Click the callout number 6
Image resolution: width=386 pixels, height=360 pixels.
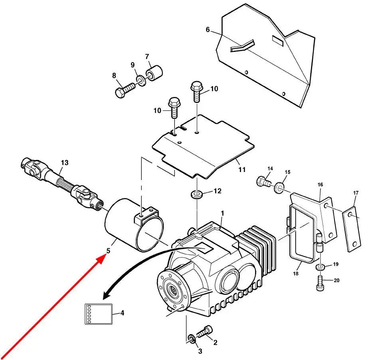pos(208,30)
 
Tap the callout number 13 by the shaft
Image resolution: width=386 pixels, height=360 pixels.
pos(65,163)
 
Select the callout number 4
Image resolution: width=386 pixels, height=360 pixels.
pos(123,313)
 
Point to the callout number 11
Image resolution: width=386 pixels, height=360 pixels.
pos(242,170)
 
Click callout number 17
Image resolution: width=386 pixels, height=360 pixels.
pos(356,193)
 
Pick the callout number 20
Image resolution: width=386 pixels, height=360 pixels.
pos(337,280)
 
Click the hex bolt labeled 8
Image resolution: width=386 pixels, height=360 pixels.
pos(125,91)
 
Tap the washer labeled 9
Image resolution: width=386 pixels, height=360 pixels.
pos(141,81)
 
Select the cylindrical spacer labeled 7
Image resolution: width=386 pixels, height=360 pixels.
pos(154,72)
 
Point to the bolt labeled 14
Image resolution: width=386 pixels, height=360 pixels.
pos(264,182)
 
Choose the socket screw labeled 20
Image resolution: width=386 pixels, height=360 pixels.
pos(320,284)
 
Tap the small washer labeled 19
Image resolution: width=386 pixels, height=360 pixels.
pos(321,267)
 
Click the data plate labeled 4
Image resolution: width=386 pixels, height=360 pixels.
pos(99,314)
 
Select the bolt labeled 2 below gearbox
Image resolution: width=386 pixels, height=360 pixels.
pos(204,332)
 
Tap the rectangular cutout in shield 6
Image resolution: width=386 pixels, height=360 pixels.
pos(278,41)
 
